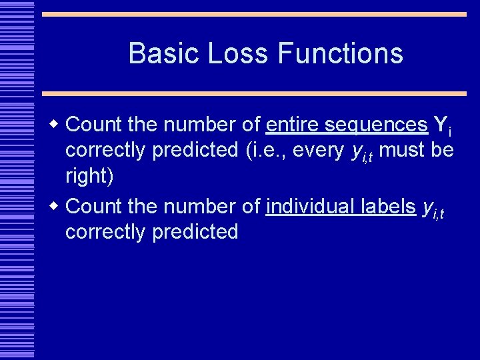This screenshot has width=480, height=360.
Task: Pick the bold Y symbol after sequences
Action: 440,125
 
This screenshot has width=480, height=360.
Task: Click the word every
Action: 318,151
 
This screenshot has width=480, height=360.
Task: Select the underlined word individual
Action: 306,207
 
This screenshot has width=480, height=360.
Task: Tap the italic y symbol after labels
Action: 427,209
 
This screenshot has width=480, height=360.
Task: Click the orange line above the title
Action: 254,14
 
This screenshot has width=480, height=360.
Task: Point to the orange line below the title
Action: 254,93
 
